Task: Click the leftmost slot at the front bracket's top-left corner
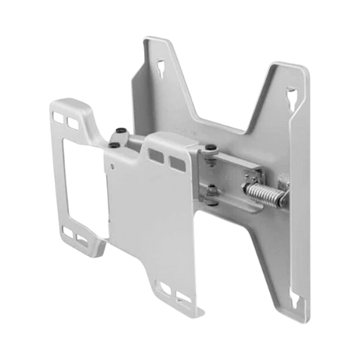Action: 56,117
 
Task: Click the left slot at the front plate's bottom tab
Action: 164,290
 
